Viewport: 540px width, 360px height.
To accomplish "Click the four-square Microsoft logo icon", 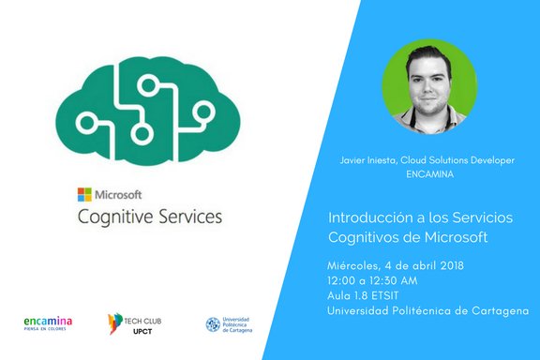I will point(84,195).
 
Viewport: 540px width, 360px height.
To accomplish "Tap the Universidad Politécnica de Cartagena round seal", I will point(215,324).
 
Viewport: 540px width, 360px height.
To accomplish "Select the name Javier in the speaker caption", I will point(353,161).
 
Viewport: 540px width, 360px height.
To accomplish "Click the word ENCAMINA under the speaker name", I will point(427,174).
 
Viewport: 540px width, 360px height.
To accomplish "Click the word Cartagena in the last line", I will point(497,310).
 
